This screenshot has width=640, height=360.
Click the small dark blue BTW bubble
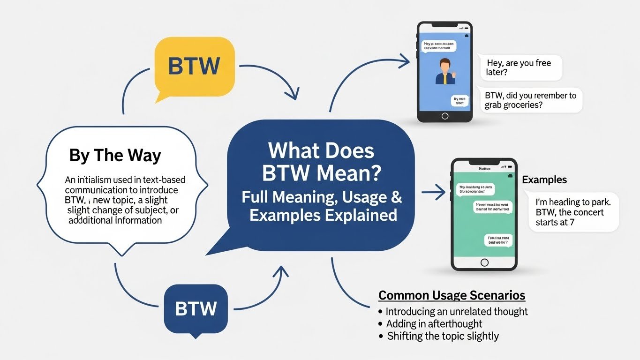pyautogui.click(x=196, y=308)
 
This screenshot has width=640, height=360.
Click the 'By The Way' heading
pyautogui.click(x=115, y=155)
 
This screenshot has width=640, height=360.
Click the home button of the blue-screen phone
pyautogui.click(x=444, y=116)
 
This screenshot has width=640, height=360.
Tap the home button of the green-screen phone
pyautogui.click(x=484, y=262)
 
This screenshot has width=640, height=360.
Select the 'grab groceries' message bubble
pyautogui.click(x=530, y=100)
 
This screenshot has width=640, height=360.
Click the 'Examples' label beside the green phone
pyautogui.click(x=544, y=180)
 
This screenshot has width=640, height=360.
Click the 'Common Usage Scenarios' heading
pyautogui.click(x=452, y=295)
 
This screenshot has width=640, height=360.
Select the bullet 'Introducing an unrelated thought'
pyautogui.click(x=456, y=311)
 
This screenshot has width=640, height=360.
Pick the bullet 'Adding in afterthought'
pyautogui.click(x=434, y=323)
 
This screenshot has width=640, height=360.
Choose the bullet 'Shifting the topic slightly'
pyautogui.click(x=443, y=336)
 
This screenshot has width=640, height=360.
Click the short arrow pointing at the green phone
pyautogui.click(x=434, y=191)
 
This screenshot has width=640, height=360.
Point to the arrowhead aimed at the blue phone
pyautogui.click(x=404, y=58)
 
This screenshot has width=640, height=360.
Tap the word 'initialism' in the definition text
pyautogui.click(x=99, y=180)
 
